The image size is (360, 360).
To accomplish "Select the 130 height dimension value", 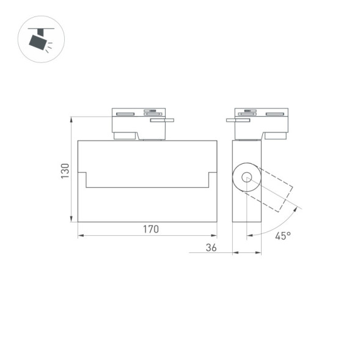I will tap(65, 171).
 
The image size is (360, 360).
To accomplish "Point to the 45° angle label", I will tap(282, 235).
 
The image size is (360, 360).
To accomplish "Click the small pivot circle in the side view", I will tap(246, 178).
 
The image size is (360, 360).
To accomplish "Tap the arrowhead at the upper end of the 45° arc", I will tap(299, 208).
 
